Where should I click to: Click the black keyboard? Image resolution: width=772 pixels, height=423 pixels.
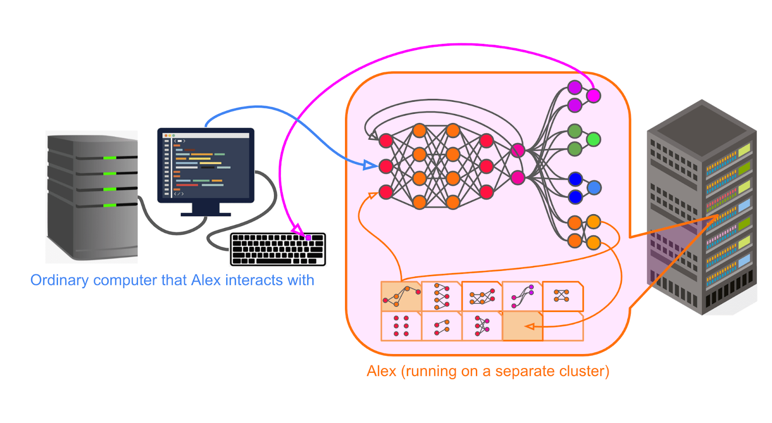(x=278, y=249)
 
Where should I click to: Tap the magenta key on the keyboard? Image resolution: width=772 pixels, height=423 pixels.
(x=308, y=237)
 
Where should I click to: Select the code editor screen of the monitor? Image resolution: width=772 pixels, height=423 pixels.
(x=207, y=165)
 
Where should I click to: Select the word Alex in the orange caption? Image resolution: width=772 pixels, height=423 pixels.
(x=381, y=371)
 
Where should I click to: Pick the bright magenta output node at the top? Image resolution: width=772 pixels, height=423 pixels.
(x=593, y=96)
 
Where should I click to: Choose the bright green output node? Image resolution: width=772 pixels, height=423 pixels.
(x=593, y=139)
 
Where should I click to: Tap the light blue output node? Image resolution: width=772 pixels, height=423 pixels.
(x=594, y=187)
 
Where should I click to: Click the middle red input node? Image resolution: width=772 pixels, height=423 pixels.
(x=386, y=166)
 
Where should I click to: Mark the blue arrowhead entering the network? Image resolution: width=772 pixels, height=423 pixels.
(x=371, y=165)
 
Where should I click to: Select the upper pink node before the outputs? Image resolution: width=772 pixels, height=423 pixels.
(x=518, y=150)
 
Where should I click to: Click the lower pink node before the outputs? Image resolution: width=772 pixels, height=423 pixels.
(x=518, y=177)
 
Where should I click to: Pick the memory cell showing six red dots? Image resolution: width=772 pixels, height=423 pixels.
(x=401, y=326)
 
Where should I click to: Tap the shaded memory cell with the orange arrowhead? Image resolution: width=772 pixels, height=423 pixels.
(x=523, y=326)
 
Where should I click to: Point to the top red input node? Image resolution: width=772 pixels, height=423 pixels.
(x=386, y=141)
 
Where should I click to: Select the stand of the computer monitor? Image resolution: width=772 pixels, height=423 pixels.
(x=206, y=209)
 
